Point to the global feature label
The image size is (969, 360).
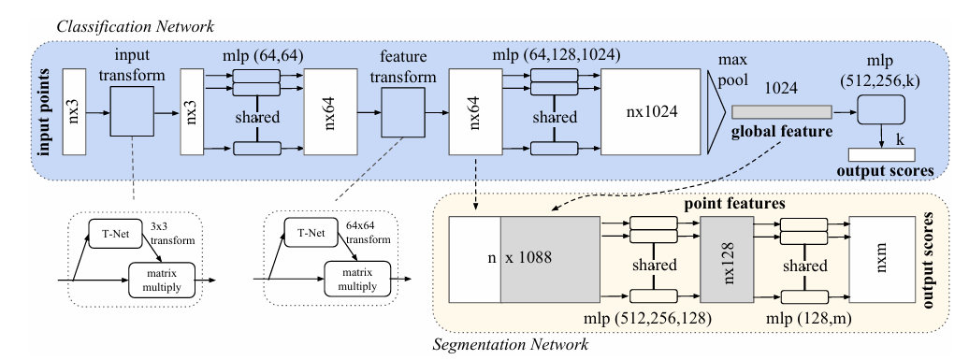coord(784,133)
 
